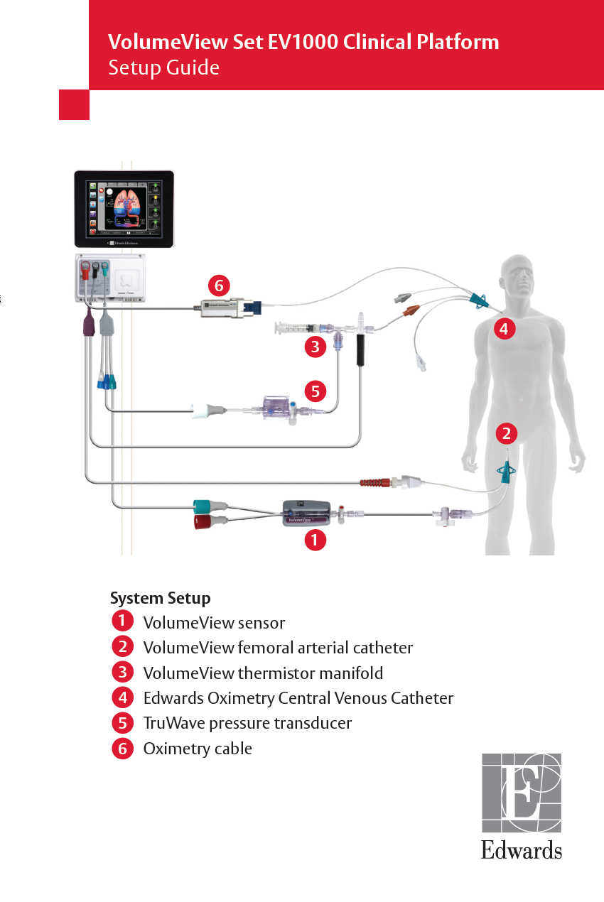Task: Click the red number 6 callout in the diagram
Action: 219,286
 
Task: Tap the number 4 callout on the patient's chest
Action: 503,329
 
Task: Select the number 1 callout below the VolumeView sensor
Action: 315,540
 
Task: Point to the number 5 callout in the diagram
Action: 316,390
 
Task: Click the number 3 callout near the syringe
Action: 315,347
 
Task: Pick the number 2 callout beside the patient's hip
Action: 506,433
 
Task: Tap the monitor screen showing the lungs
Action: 124,208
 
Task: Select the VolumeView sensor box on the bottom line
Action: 306,512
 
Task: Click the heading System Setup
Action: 160,598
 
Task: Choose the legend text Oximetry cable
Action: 198,749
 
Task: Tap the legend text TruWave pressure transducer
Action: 247,723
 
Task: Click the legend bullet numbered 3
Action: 122,672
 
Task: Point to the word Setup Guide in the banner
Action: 163,67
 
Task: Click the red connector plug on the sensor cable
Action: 205,522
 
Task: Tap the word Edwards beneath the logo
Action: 522,850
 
